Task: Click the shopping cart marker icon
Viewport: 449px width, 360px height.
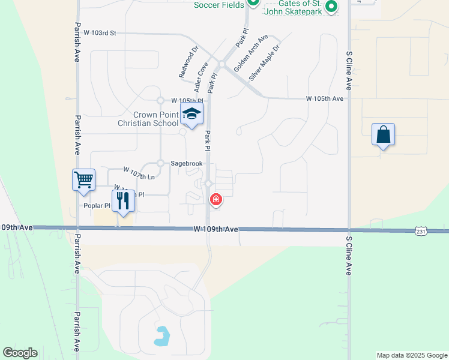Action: click(x=83, y=179)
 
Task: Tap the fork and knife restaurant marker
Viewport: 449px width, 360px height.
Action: click(x=123, y=201)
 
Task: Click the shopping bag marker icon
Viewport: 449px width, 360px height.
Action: click(x=383, y=135)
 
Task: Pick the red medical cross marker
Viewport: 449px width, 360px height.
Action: click(x=215, y=199)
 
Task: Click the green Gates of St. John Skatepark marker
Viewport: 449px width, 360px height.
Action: click(x=330, y=7)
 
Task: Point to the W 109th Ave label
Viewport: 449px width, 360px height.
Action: click(x=216, y=229)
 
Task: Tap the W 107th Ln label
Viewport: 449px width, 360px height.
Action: click(x=139, y=173)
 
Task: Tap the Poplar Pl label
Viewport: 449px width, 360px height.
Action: click(x=98, y=206)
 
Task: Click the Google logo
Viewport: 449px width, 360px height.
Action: click(x=20, y=353)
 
